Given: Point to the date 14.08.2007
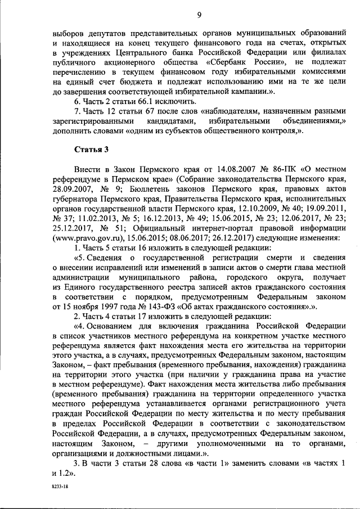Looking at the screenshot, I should click(199, 168).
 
